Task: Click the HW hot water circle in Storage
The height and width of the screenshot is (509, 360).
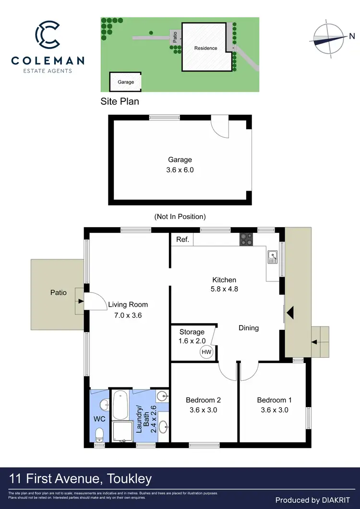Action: coord(206,352)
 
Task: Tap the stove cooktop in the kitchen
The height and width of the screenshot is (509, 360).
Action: coord(246,239)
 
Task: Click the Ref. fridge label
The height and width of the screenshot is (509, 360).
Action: coord(182,240)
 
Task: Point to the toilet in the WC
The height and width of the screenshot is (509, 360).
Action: coord(99,435)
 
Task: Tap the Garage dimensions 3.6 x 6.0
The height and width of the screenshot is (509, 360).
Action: coord(180,170)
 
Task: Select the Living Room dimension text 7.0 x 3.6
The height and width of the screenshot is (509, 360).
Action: coord(128,315)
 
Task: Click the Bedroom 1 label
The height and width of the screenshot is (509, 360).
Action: coord(274,400)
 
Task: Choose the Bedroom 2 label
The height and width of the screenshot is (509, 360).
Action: coord(203,400)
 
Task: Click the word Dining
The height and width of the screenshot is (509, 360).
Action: coord(249,328)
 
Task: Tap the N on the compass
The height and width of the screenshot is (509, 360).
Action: coord(351,36)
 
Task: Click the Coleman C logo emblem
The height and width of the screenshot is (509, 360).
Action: coord(48,35)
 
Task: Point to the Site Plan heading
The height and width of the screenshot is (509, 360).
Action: coord(120,101)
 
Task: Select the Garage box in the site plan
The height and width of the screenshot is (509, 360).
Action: coord(126,82)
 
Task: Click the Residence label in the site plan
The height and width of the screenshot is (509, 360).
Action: coord(205,48)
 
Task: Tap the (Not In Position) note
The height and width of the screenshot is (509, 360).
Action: coord(180,217)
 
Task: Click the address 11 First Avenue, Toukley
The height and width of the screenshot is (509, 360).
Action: coord(80,478)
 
